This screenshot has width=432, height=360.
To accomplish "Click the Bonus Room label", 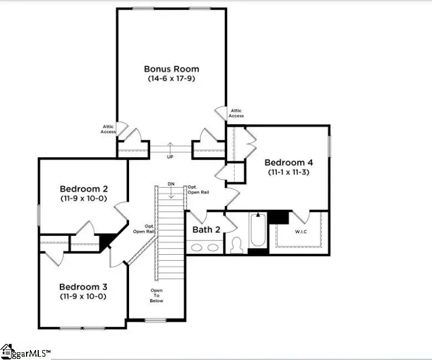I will (171, 69).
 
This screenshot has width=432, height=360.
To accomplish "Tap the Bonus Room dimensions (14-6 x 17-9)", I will (171, 79).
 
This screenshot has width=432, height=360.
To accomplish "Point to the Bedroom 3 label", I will (83, 287).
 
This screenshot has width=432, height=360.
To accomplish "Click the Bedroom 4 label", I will (289, 162).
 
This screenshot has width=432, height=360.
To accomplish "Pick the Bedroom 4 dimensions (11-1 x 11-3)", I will (289, 172).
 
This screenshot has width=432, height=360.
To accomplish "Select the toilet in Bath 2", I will (236, 245).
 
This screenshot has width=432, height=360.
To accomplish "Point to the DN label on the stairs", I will (171, 184).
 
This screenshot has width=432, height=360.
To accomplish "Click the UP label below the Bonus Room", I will (171, 157).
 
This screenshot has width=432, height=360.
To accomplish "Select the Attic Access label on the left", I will (109, 129).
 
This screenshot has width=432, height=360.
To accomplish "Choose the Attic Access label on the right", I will (236, 113).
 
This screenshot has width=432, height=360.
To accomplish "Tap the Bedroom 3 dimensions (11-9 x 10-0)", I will (83, 296).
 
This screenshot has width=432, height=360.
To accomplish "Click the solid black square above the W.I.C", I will (279, 217).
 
